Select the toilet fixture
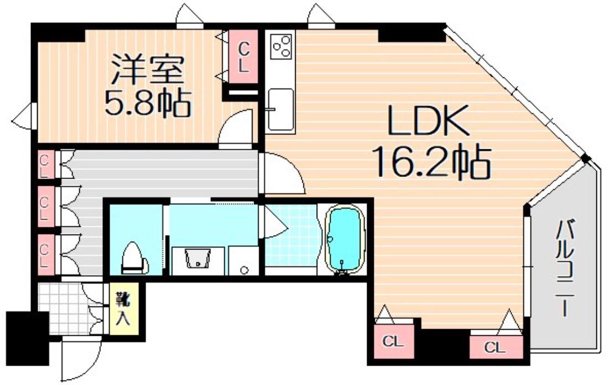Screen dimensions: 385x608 coord(133,257)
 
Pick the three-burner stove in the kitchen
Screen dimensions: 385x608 coord(281,45)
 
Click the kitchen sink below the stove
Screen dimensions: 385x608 coord(280,109)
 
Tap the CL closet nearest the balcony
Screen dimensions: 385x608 coord(495,347)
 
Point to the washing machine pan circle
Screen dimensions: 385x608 coord(243,269)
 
